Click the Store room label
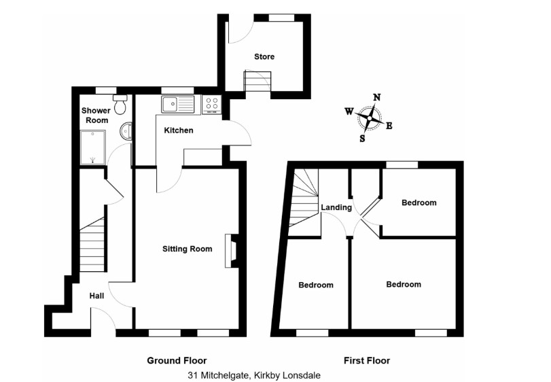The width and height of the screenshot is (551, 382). coord(264,56)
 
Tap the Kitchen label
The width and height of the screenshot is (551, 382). coord(179,130)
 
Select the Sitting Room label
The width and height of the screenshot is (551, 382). coord(183,249)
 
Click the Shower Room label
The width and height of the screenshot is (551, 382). coord(94,115)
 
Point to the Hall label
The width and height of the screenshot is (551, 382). coord(97,296)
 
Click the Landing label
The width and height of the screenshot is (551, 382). coord(336,207)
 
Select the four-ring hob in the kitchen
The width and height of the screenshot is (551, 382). coord(211,105)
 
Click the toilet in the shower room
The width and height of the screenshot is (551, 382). coord(120,106)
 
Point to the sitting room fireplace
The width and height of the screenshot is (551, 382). coord(232,249)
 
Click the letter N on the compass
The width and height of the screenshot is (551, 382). coord(376,97)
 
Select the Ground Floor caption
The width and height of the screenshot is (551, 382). coord(177,360)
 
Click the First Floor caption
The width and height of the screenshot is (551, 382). coord(368,360)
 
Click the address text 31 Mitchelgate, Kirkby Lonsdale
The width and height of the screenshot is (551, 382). coord(254,375)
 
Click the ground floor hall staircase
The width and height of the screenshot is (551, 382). coord(93,245)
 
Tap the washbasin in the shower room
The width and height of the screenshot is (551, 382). coord(126,131)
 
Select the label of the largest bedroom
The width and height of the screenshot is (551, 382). coord(404,284)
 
